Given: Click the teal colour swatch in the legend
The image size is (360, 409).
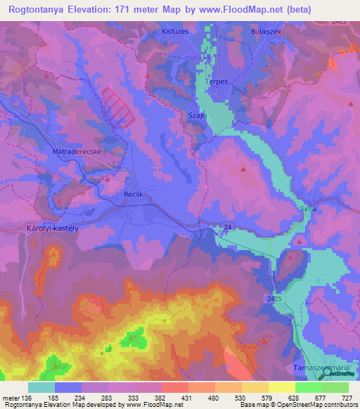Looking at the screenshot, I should coord(41,387).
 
